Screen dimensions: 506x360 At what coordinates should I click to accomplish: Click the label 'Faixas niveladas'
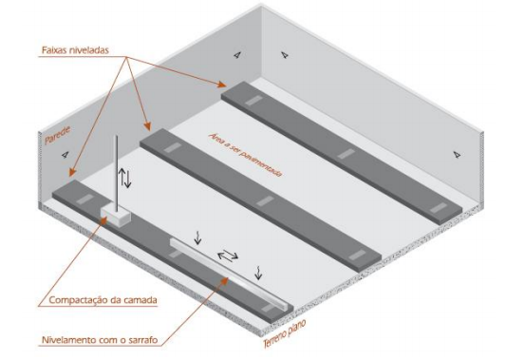pyautogui.click(x=75, y=50)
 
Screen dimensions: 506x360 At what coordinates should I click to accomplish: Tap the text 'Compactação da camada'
pyautogui.click(x=103, y=300)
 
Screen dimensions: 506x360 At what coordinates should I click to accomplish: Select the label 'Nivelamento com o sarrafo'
pyautogui.click(x=100, y=340)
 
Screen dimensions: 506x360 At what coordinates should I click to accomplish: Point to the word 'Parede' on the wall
pyautogui.click(x=58, y=135)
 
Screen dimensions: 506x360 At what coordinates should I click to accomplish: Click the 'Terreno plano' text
pyautogui.click(x=284, y=333)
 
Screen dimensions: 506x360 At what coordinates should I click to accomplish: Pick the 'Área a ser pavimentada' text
pyautogui.click(x=246, y=154)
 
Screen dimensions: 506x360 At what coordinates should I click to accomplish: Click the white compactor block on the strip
pyautogui.click(x=115, y=216)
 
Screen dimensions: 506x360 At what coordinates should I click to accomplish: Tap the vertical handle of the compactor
pyautogui.click(x=117, y=174)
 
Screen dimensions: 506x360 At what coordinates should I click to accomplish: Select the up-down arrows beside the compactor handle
pyautogui.click(x=125, y=178)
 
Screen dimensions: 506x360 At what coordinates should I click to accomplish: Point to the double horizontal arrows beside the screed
pyautogui.click(x=228, y=256)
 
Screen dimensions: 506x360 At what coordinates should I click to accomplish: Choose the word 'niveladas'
pyautogui.click(x=89, y=50)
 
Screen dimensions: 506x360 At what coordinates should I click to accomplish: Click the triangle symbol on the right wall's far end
pyautogui.click(x=457, y=154)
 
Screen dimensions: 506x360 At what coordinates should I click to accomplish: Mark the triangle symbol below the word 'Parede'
pyautogui.click(x=66, y=155)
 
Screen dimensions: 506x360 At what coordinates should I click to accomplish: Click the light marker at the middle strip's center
pyautogui.click(x=265, y=201)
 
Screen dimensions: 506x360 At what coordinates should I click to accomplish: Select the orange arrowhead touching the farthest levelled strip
pyautogui.click(x=222, y=85)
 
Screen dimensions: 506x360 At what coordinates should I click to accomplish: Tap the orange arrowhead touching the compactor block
pyautogui.click(x=103, y=220)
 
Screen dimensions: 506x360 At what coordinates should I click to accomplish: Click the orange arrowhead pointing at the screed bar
pyautogui.click(x=225, y=280)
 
